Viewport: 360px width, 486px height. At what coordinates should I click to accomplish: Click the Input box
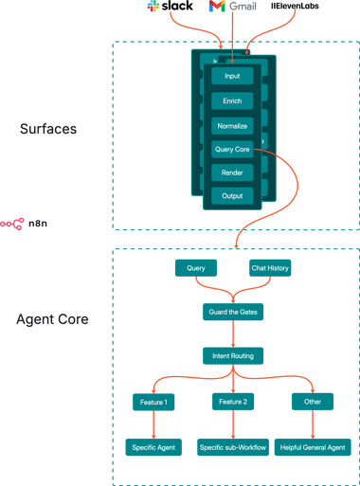click(232, 76)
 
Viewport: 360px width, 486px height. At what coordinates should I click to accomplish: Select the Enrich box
click(232, 99)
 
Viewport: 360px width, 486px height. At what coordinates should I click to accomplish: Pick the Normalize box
click(232, 124)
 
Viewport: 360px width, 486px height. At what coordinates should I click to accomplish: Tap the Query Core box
click(232, 149)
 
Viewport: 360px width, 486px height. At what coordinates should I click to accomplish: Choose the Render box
click(232, 172)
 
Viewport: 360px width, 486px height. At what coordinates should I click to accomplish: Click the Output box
click(232, 197)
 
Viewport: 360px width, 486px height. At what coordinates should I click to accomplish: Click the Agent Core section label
click(53, 320)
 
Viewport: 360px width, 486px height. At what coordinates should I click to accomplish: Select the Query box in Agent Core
click(196, 268)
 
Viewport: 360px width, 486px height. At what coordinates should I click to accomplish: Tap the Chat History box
click(270, 268)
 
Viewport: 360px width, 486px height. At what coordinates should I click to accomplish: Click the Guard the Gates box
click(232, 312)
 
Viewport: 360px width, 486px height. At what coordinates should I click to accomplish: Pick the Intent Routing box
click(232, 356)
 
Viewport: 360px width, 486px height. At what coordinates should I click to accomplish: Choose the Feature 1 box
click(153, 402)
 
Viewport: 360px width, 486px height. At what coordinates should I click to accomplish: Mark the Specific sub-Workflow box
click(232, 446)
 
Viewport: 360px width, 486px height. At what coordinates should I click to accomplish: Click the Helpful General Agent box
click(314, 446)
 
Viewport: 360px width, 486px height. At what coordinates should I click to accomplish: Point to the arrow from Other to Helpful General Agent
click(314, 423)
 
